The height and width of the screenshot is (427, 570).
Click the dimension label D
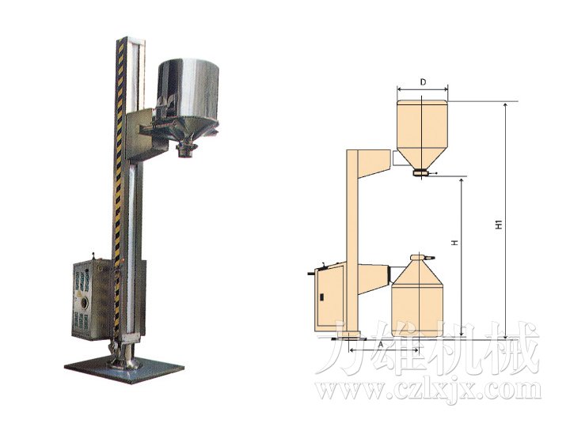pos(423,82)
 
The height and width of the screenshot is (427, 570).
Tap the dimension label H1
pos(499,225)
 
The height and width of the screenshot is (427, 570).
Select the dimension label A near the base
pos(381,343)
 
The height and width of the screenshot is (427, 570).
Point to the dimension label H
pos(454,243)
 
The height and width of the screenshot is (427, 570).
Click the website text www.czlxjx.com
pos(428,390)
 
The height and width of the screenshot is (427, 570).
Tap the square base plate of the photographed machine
pos(124,368)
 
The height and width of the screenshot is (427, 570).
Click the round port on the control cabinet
pos(85,302)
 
